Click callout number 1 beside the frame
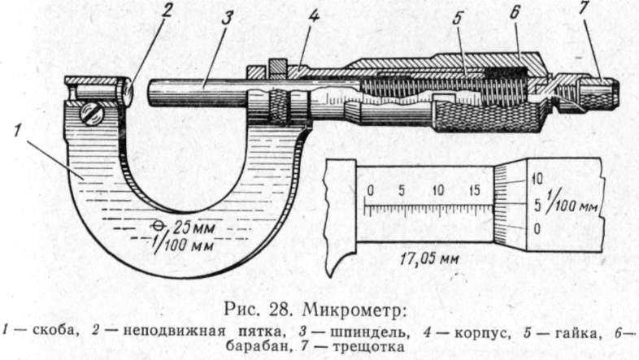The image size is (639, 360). [x=18, y=131]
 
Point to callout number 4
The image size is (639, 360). [x=313, y=16]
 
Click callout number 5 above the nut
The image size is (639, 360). [x=458, y=19]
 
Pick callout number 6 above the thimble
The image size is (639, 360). [x=515, y=13]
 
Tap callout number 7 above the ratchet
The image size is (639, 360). [x=584, y=8]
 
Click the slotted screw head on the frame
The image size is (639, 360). [x=91, y=114]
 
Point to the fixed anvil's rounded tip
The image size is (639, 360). [x=128, y=92]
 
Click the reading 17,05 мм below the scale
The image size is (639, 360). [x=429, y=258]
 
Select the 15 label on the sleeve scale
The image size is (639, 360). [x=474, y=191]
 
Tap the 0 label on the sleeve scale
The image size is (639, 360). [x=370, y=191]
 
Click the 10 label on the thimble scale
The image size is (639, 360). [x=537, y=179]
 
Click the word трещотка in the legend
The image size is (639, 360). [x=369, y=347]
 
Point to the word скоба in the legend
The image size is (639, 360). [x=55, y=330]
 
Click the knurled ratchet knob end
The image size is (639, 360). [x=598, y=95]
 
